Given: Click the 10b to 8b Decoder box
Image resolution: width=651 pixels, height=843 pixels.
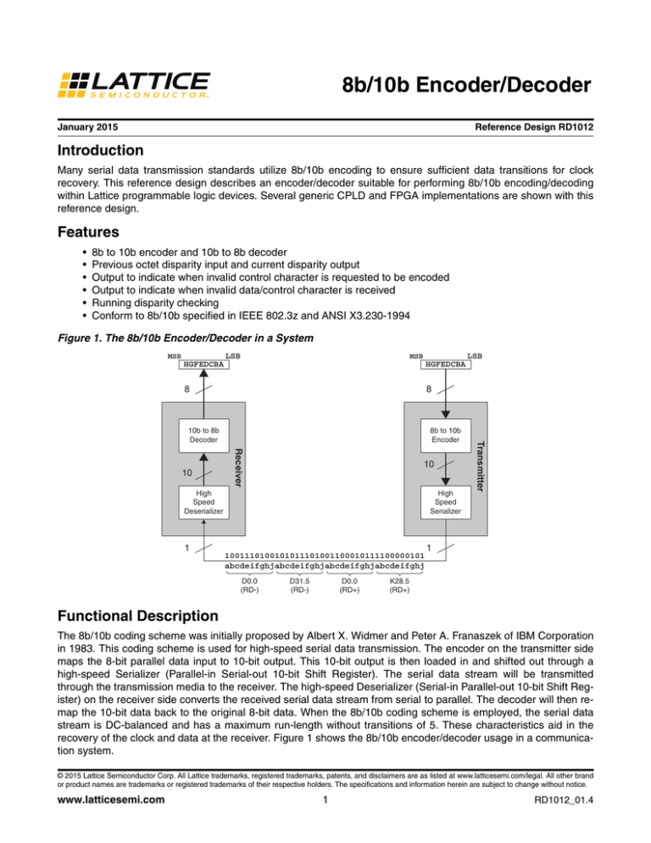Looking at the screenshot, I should click(x=203, y=434).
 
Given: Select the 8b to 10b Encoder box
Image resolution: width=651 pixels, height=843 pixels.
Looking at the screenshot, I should click(x=444, y=434).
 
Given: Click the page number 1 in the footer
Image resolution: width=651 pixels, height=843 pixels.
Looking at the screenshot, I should click(x=325, y=821).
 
